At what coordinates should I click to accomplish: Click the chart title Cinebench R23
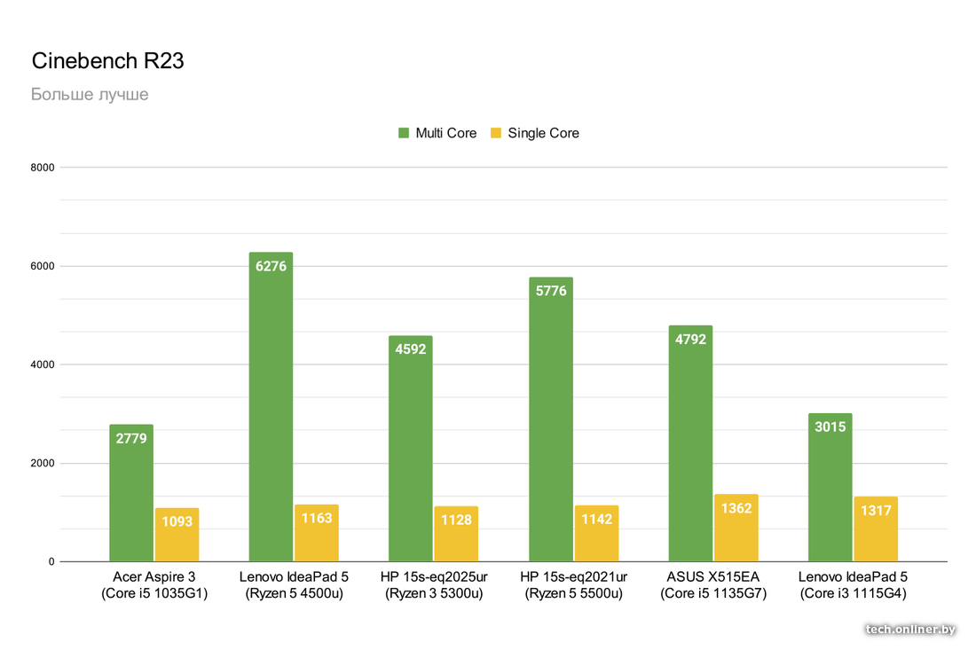(x=107, y=61)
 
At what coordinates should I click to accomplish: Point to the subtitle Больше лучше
(x=90, y=94)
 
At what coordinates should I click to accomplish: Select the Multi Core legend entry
(x=437, y=133)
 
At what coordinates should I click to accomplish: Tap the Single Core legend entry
(x=535, y=133)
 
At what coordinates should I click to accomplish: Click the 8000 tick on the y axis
(x=43, y=168)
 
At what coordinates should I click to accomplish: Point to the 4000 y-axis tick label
(x=43, y=364)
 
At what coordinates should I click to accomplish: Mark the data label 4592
(x=411, y=349)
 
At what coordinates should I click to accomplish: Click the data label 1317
(x=876, y=511)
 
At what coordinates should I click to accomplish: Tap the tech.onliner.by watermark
(x=910, y=629)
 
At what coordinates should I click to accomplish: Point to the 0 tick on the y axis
(x=51, y=561)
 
